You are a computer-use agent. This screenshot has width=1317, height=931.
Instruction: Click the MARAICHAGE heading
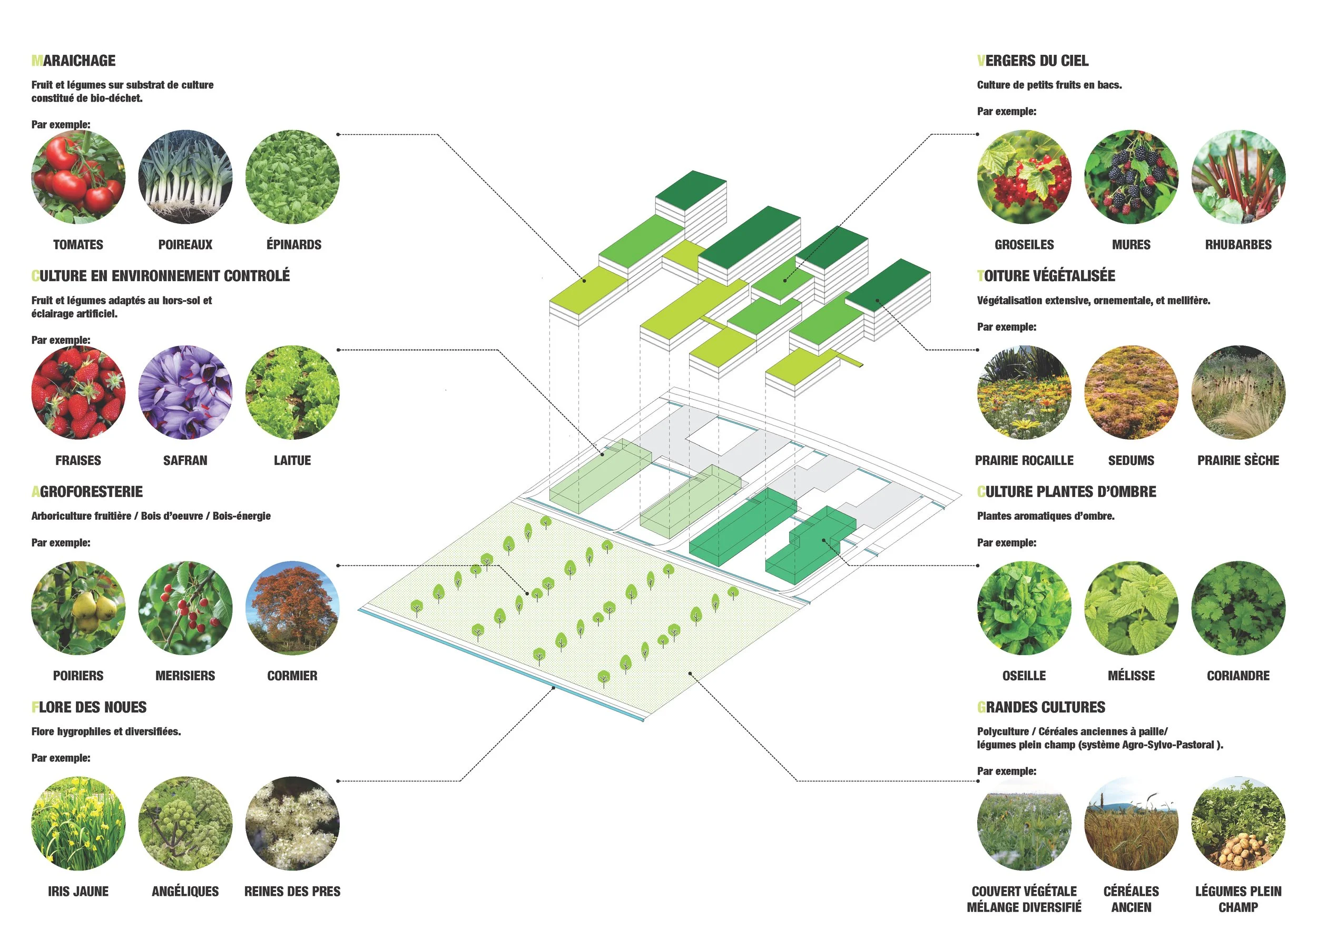click(x=73, y=61)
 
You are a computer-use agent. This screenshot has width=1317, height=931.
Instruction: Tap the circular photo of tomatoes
click(x=78, y=176)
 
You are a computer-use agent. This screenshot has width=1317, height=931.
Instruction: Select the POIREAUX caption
click(x=185, y=245)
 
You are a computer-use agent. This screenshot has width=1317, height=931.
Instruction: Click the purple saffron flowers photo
click(x=185, y=392)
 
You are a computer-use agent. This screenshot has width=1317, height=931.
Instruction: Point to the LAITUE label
click(x=292, y=460)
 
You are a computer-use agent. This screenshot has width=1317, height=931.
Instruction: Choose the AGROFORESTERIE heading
click(x=87, y=492)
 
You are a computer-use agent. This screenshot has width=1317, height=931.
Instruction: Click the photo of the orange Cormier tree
click(x=292, y=608)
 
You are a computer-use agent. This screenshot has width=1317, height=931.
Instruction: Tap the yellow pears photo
click(x=78, y=608)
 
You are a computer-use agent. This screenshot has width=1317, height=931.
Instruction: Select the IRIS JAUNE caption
click(x=78, y=892)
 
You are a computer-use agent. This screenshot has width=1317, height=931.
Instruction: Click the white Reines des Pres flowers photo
click(x=292, y=823)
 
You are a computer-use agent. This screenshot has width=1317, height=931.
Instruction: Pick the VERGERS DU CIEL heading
click(x=1033, y=61)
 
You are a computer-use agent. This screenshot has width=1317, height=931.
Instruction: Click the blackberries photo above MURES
click(x=1131, y=176)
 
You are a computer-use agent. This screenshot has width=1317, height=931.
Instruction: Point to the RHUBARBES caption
click(x=1238, y=245)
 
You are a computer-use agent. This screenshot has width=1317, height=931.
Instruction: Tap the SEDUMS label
click(x=1131, y=460)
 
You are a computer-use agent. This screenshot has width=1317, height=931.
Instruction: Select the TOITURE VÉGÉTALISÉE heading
click(x=1046, y=276)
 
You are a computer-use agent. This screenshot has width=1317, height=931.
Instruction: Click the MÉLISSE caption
click(x=1131, y=676)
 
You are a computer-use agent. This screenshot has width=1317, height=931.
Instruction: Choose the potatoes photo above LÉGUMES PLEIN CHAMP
click(x=1238, y=823)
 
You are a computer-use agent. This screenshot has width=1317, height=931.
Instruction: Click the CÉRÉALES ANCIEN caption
click(x=1131, y=899)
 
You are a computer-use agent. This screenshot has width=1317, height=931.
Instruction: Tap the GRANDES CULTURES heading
click(x=1041, y=707)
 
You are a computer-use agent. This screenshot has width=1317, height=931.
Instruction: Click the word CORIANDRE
click(x=1238, y=676)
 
